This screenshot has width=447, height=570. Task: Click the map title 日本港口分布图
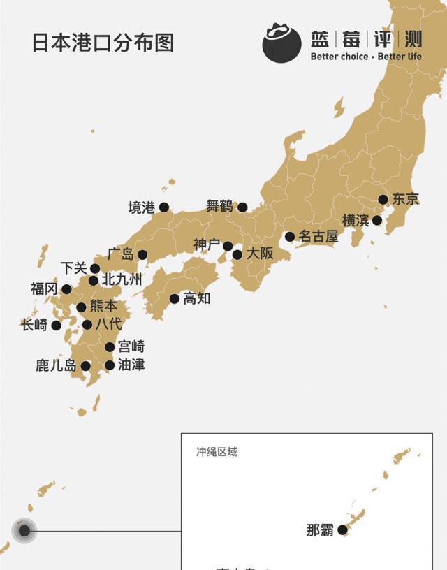click(x=103, y=42)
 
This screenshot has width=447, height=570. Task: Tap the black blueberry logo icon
click(x=281, y=42)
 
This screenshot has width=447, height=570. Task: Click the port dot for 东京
click(x=383, y=199)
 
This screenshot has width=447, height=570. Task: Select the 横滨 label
click(x=355, y=221)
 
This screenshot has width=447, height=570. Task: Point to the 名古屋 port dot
click(x=289, y=237)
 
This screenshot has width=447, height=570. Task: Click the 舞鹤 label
click(x=219, y=206)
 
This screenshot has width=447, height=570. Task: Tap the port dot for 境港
click(x=164, y=207)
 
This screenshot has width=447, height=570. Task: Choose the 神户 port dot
click(x=228, y=246)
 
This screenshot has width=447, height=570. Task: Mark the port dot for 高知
click(x=175, y=299)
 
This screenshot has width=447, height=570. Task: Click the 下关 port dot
click(x=95, y=268)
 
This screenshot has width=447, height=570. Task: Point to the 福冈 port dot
click(x=66, y=289)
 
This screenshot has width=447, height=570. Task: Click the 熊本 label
click(x=104, y=307)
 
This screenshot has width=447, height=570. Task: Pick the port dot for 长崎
click(x=57, y=325)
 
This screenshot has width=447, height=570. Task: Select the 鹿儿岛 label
click(x=57, y=365)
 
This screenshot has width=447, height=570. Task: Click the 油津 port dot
click(x=110, y=365)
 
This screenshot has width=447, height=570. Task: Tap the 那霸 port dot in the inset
click(x=342, y=530)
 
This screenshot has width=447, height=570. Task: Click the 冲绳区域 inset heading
click(x=217, y=452)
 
